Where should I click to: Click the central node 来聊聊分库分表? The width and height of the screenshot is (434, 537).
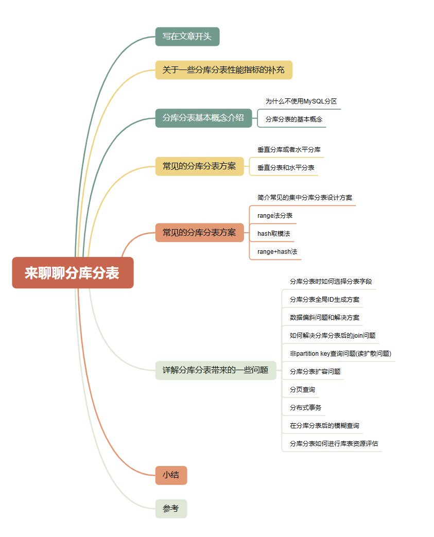(73, 273)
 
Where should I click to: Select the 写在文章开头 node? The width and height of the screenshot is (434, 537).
(187, 37)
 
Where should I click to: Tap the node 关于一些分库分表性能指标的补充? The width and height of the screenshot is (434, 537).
(223, 70)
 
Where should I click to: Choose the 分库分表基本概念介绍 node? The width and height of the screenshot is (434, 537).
(203, 117)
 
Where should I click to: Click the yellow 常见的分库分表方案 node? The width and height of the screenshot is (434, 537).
(199, 166)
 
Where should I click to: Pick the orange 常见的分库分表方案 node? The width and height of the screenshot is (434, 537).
(199, 233)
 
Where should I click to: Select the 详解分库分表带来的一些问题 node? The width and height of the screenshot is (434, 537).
(215, 370)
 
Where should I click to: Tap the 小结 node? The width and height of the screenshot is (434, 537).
(171, 475)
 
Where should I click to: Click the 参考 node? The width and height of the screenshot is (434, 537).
(171, 509)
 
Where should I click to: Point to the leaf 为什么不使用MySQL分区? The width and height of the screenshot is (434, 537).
(301, 101)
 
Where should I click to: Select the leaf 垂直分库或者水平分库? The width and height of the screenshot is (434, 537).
(289, 150)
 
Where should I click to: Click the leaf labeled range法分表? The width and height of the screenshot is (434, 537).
(275, 216)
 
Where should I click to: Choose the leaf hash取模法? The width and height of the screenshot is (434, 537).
(274, 234)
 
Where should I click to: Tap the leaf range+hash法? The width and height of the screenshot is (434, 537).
(277, 252)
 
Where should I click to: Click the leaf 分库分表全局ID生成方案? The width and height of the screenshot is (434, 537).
(325, 300)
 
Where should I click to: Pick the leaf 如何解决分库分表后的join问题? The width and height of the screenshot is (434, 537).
(333, 336)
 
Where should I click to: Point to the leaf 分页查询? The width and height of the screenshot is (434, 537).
(302, 390)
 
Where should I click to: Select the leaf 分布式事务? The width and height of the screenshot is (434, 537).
(306, 408)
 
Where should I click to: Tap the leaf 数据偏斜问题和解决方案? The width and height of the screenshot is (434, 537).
(325, 318)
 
